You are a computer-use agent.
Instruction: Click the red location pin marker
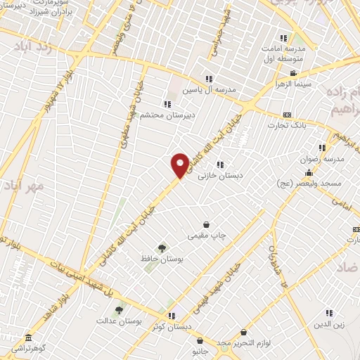point(180,165)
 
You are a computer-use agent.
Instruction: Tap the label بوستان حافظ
point(162,259)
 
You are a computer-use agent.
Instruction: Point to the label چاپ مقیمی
point(205,236)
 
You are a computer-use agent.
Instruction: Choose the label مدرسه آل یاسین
point(208,90)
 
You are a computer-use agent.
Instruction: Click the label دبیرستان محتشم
point(166,115)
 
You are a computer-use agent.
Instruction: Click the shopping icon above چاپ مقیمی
point(205,224)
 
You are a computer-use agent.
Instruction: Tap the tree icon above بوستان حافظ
point(162,247)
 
